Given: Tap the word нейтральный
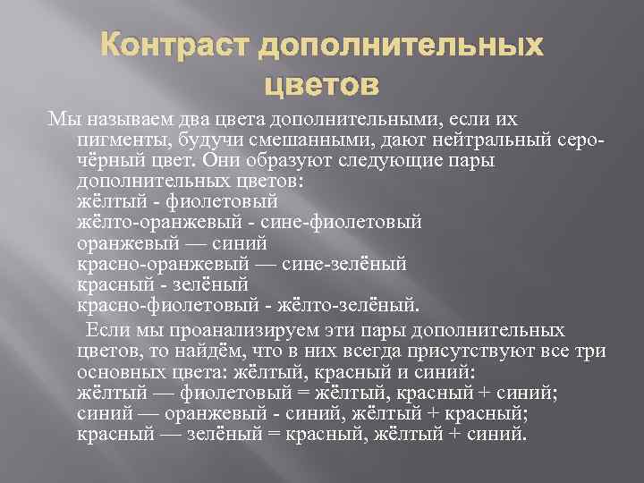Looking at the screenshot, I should [x=473, y=139].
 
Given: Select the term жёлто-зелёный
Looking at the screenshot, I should [x=340, y=304].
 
